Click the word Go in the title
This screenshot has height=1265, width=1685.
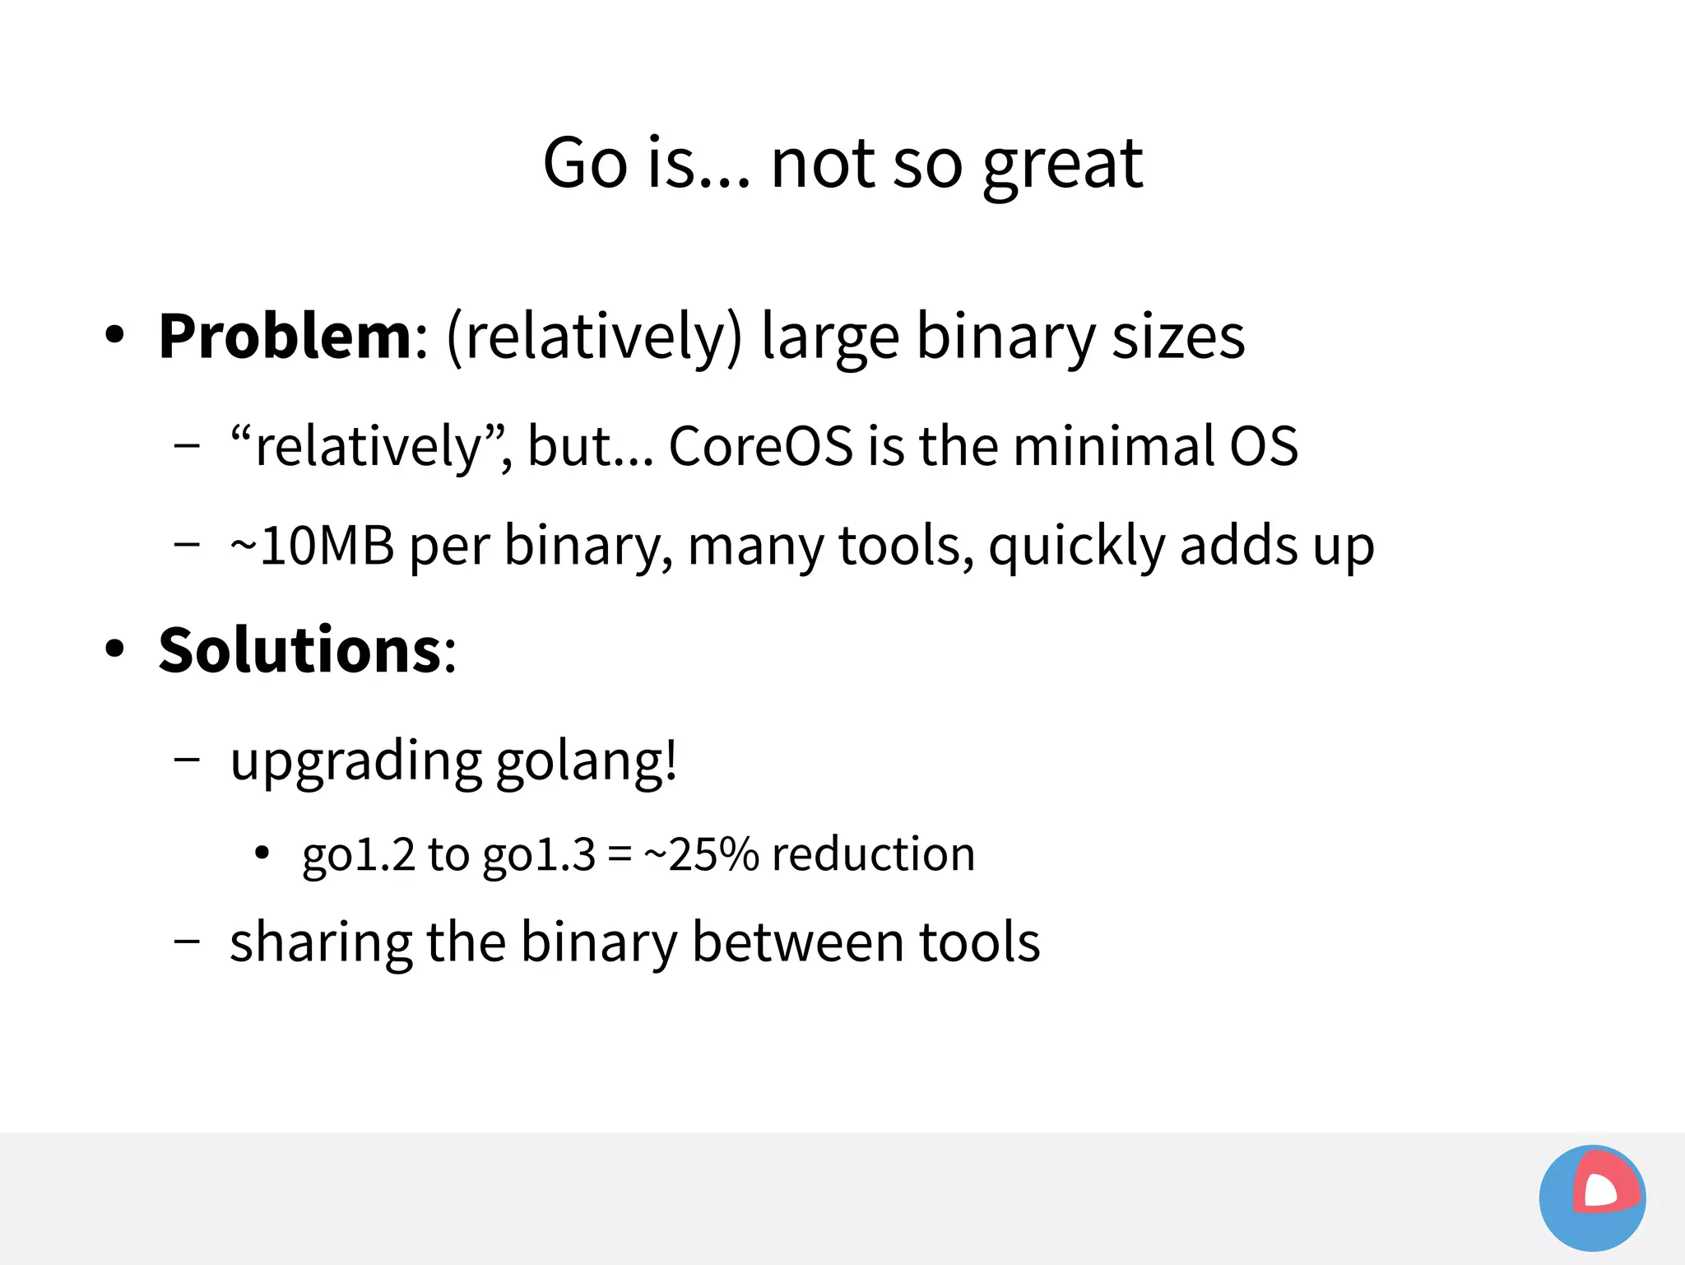585,163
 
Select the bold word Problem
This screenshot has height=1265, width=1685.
285,337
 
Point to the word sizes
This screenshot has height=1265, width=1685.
1178,338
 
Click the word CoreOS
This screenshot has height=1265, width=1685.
760,447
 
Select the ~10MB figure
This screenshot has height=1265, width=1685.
312,546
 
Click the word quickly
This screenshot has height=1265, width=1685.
1076,547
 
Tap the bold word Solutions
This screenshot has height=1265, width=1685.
300,650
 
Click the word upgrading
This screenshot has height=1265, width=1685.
355,761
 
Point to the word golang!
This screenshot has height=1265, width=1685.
587,761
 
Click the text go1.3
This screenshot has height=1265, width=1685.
538,855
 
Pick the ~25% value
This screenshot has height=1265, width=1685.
701,853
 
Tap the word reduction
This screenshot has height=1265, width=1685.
873,853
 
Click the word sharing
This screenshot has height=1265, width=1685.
320,942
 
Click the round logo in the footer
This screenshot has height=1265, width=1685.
1592,1198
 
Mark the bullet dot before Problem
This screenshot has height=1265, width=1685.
114,335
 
